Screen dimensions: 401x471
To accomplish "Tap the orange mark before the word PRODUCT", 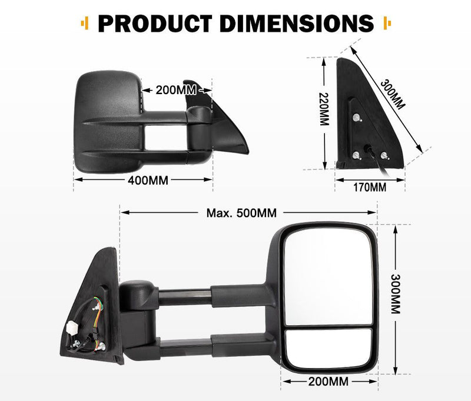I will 87,24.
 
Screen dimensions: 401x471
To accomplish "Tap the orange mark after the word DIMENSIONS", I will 386,24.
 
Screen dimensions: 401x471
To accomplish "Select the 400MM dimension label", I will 147,181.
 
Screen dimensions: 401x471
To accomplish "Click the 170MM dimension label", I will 369,188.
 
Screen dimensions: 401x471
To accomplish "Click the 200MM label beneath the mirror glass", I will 327,382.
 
